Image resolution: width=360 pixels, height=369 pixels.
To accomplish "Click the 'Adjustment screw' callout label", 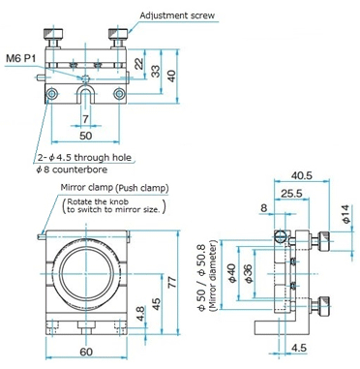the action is coord(177,15).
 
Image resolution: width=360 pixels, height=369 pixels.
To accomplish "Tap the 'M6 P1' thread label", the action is coord(21,58).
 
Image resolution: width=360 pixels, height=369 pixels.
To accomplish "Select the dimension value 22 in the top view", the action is coord(139,64).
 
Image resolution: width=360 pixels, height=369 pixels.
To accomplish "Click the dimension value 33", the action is coord(156,72).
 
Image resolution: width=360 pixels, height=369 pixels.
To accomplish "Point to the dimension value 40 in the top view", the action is coord(172,76).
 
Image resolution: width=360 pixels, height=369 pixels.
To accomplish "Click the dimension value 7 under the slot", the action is coord(85,119).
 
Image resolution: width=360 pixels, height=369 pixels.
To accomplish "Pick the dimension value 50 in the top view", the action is coord(85,136).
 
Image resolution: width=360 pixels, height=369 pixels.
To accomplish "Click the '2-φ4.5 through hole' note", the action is coord(85,158).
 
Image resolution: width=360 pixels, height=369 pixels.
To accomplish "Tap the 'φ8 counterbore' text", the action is coord(72,169).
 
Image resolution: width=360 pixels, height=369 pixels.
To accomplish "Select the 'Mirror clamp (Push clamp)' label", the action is coord(114,188).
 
